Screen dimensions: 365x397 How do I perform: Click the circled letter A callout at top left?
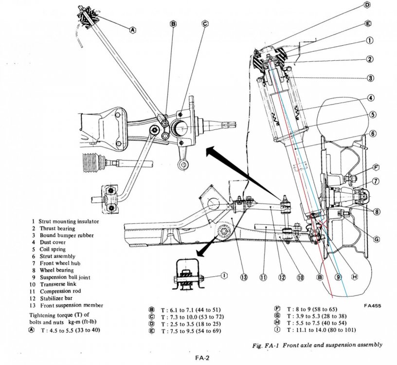132,29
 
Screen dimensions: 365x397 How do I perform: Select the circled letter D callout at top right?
367,5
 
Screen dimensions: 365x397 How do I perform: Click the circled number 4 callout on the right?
371,98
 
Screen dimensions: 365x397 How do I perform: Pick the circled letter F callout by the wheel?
376,168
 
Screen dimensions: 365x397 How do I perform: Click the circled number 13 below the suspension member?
244,277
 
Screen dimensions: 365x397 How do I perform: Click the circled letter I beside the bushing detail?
223,275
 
